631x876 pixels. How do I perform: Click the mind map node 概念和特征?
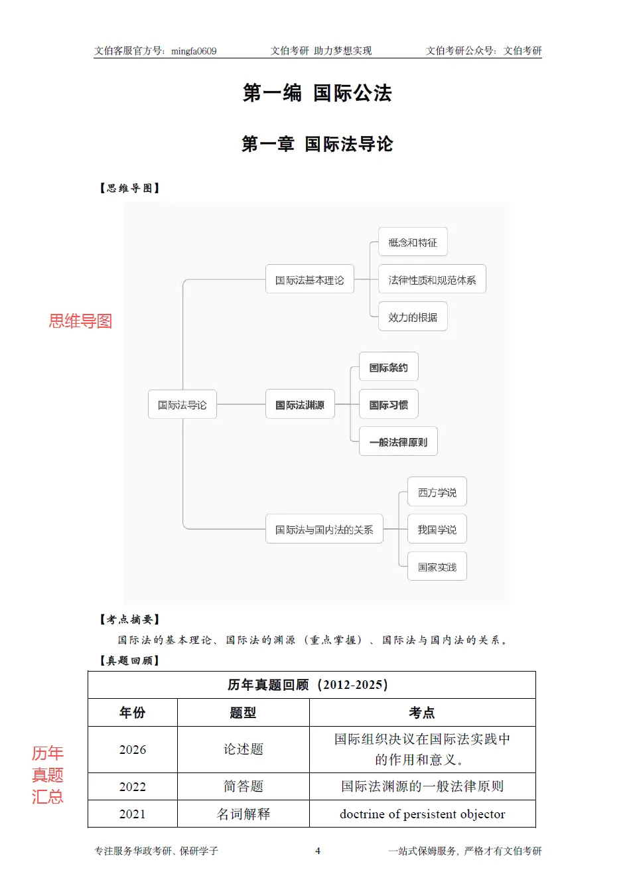pos(413,242)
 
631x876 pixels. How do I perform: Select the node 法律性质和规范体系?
pos(432,279)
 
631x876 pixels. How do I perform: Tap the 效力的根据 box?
pos(413,317)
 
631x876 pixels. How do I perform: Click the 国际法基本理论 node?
pos(310,280)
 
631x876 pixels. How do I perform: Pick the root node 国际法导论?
pos(182,405)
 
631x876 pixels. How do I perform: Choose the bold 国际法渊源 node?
pos(300,405)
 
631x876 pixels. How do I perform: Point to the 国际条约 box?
pos(389,367)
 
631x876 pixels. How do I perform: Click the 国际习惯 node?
pos(389,405)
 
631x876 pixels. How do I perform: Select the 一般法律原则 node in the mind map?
pos(398,442)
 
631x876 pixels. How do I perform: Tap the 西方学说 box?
pos(437,492)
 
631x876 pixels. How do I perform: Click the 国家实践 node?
pos(437,567)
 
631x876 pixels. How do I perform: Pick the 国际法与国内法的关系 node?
pos(324,530)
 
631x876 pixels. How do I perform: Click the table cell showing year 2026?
pos(133,749)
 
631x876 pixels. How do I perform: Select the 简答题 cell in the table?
pos(244,786)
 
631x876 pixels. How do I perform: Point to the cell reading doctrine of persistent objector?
pos(423,814)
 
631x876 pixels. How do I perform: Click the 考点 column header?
pos(422,712)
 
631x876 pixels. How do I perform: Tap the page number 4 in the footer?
pos(318,851)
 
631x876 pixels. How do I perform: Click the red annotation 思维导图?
pos(80,321)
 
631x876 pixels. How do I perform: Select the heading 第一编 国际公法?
pos(317,93)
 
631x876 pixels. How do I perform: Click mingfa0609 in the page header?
pos(194,51)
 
